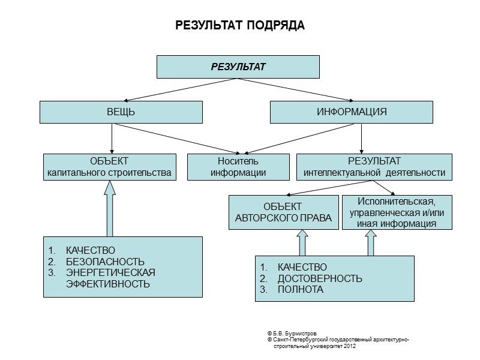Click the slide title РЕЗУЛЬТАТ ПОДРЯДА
tap(240, 26)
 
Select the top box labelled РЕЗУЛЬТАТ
tap(238, 67)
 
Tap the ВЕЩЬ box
tap(121, 112)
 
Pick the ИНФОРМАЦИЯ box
tap(351, 112)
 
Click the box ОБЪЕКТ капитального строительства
tap(110, 167)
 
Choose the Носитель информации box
tap(238, 167)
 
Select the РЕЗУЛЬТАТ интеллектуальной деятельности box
tap(374, 167)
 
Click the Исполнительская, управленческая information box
tap(397, 212)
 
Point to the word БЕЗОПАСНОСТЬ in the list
tap(105, 262)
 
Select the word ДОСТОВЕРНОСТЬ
tap(320, 278)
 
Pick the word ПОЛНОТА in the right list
tap(300, 289)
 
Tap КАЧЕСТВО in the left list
tap(90, 250)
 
